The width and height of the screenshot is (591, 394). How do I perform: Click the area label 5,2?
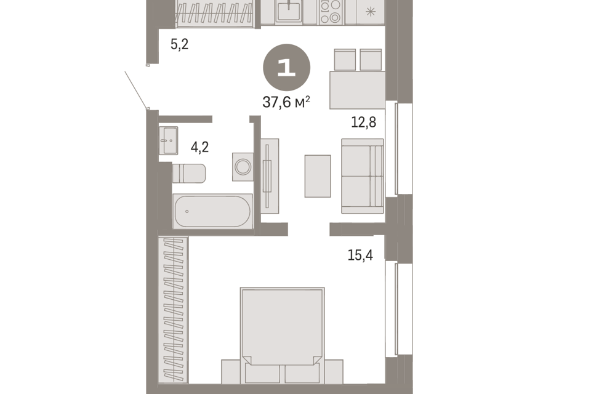pos(179,44)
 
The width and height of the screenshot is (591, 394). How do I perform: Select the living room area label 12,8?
pos(363,122)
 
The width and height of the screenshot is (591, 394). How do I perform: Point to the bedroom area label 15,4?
pos(360,255)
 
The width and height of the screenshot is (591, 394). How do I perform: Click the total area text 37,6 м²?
pos(286,102)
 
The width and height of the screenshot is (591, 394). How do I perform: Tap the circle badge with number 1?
pos(286,67)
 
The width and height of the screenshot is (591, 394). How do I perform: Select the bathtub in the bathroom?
pos(212,212)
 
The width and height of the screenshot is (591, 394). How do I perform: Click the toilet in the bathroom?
pos(189,173)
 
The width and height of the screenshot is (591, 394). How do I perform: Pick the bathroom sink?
pos(168,140)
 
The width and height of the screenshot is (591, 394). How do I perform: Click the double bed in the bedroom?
pos(282,329)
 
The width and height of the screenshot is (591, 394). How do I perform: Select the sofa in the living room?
pos(363,176)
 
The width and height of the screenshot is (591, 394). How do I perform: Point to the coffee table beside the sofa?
pos(318,176)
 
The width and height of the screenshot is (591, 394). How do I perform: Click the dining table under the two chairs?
pos(357,90)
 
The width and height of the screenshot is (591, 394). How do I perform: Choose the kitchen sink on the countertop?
pos(288,11)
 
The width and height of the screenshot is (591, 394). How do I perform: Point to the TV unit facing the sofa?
pos(269,176)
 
